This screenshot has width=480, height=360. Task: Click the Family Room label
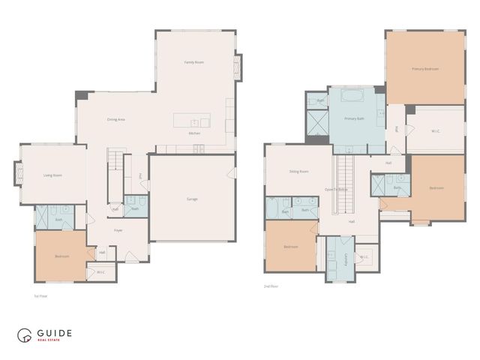pyautogui.click(x=194, y=62)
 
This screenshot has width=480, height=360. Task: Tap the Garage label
pyautogui.click(x=193, y=199)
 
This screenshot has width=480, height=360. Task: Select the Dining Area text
pyautogui.click(x=115, y=118)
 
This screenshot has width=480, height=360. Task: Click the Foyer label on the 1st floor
pyautogui.click(x=118, y=230)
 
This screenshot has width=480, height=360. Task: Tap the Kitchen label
pyautogui.click(x=194, y=133)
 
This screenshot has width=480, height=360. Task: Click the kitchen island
pyautogui.click(x=192, y=121)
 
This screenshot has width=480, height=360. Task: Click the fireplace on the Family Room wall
pyautogui.click(x=238, y=66)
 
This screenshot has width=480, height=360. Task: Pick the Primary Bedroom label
pyautogui.click(x=424, y=69)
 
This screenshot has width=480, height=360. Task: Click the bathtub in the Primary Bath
pyautogui.click(x=351, y=96)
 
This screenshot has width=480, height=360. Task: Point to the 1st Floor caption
pyautogui.click(x=41, y=296)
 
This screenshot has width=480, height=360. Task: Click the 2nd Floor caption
pyautogui.click(x=271, y=286)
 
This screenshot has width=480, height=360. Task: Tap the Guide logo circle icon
pyautogui.click(x=25, y=336)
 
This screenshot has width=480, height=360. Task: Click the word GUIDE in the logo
pyautogui.click(x=55, y=333)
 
